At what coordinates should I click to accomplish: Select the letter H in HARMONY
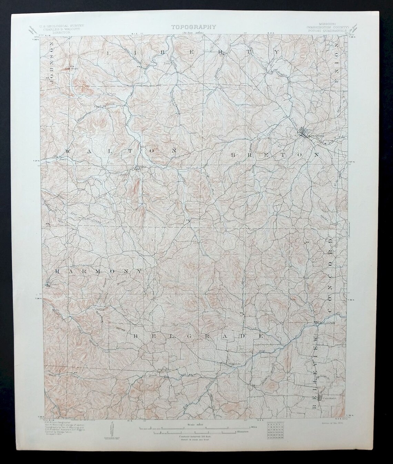(x=58, y=271)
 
